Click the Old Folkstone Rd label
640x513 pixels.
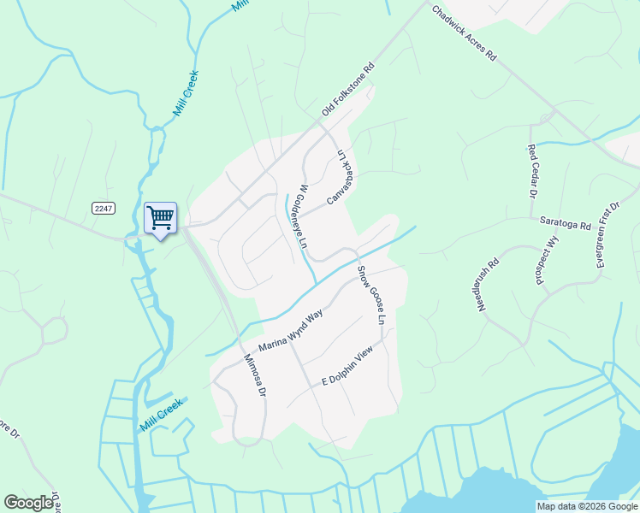[348, 90]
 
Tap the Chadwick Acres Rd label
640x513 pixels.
[465, 35]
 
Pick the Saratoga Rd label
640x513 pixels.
[566, 224]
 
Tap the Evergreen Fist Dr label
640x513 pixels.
[607, 236]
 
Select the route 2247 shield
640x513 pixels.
[104, 208]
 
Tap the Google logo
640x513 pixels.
[29, 503]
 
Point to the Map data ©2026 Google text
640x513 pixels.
[586, 506]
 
